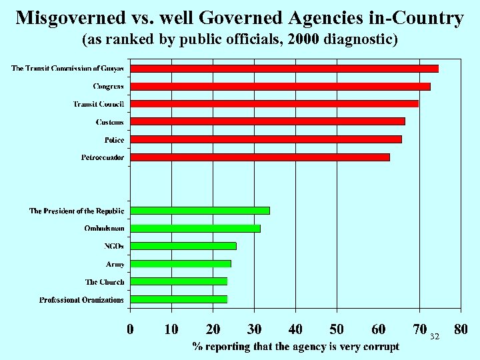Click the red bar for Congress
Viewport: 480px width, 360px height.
coord(280,86)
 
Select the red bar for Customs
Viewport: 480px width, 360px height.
coord(267,121)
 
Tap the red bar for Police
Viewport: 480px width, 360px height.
coord(266,139)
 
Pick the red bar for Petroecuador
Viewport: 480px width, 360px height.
coord(260,157)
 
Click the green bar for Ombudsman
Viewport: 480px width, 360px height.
coord(195,228)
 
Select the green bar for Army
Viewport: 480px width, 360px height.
coord(181,263)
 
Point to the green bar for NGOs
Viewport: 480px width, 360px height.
coord(183,246)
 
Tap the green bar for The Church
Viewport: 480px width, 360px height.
coord(179,281)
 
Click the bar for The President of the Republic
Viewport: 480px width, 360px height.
coord(200,211)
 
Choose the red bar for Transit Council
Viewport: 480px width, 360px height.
coord(274,103)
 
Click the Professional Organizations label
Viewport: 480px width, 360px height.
coord(81,299)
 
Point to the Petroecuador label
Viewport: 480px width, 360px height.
coord(102,157)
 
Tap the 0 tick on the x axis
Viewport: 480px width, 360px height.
coord(131,329)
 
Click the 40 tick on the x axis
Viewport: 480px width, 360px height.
coord(295,329)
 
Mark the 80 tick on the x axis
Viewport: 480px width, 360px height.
coord(460,329)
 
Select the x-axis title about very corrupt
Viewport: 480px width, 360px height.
coord(296,346)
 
